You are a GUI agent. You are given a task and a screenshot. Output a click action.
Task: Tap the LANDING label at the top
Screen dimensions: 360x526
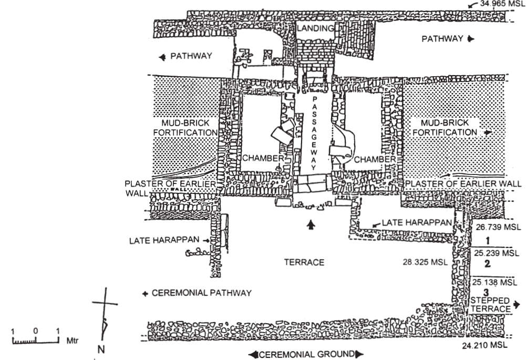tap(314, 29)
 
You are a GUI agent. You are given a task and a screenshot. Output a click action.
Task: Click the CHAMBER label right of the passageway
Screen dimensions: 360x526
tap(374, 159)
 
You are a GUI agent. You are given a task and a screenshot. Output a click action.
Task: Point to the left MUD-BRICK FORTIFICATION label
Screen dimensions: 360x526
tap(185, 127)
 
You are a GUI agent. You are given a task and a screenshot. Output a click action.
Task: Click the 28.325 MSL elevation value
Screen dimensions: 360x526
tap(429, 262)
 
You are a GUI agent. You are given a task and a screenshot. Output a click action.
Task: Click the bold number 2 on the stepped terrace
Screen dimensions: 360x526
tap(488, 264)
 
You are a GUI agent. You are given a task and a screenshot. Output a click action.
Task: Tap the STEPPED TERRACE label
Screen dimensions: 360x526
tap(490, 305)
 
